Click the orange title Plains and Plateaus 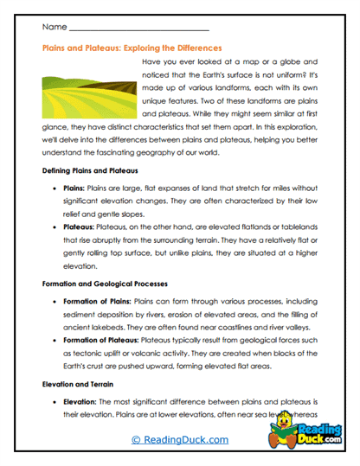click(x=132, y=49)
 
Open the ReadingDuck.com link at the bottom click(x=179, y=441)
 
